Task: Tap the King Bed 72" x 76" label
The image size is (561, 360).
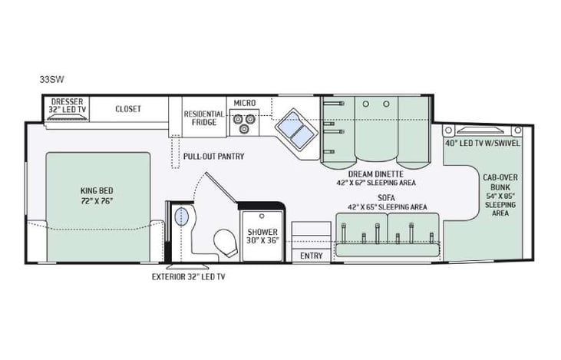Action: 97,195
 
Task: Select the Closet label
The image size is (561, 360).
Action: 128,108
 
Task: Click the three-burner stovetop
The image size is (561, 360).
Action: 246,121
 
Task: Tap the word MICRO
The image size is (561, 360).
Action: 245,103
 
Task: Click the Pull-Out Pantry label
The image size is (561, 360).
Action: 213,157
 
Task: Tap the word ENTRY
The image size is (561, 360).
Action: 311,256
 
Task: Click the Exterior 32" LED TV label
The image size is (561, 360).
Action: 188,276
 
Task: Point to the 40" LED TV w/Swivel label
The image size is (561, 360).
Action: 482,142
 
